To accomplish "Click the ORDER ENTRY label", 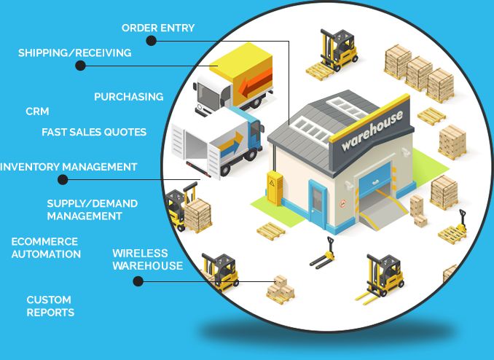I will (x=158, y=28).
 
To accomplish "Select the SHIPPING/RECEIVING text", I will (x=74, y=52).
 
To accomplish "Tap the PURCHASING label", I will (x=128, y=96).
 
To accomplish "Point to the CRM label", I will (x=37, y=111).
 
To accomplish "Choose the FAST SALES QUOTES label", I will (x=94, y=132).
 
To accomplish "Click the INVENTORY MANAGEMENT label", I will (x=68, y=167).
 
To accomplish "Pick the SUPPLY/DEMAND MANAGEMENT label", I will (x=92, y=210).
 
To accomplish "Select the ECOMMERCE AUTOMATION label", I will (x=46, y=248).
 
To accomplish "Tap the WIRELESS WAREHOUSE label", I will (x=147, y=259).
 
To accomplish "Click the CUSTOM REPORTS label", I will (x=50, y=306).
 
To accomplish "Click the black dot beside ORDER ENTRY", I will (x=151, y=41).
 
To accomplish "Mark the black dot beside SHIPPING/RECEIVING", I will (x=80, y=66).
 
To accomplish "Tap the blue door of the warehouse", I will (x=318, y=203).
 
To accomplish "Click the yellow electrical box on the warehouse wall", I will (x=275, y=184).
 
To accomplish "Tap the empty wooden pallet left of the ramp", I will (x=273, y=230).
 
